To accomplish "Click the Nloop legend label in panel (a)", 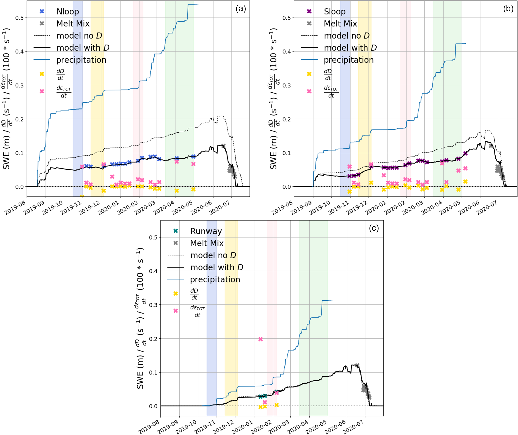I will tap(68, 12).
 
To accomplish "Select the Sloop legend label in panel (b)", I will tap(335, 12).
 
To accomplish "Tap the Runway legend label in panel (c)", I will tap(206, 231).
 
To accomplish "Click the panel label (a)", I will tap(241, 9).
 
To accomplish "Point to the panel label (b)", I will tap(508, 9).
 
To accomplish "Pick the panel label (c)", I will tap(374, 228).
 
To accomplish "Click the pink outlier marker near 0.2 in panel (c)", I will tap(260, 339).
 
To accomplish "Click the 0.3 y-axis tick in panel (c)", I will tap(153, 305).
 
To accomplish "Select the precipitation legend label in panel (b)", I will tap(349, 60).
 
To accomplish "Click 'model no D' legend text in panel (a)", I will tap(79, 36).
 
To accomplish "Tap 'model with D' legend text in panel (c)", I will tap(217, 267).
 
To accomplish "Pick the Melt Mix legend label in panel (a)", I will tap(73, 24).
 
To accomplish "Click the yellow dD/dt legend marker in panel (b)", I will tap(309, 74).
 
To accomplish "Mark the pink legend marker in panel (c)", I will tap(176, 311).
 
